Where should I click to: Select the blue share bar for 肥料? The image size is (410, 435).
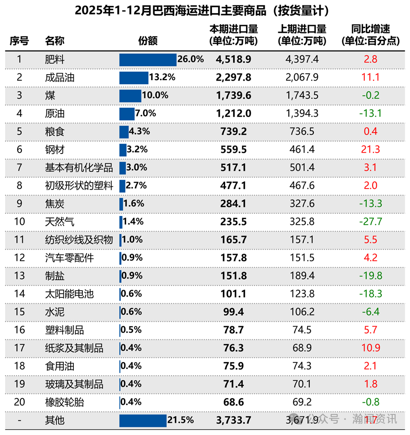click(148, 60)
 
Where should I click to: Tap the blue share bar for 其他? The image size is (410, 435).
click(143, 420)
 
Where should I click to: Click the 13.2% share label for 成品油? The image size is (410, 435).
click(162, 77)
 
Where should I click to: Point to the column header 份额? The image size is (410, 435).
click(148, 41)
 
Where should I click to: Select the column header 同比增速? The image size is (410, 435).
click(370, 35)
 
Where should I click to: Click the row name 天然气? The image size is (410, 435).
click(60, 222)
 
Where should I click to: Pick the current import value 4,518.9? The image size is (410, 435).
click(233, 60)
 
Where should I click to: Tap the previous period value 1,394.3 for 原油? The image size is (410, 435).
click(302, 113)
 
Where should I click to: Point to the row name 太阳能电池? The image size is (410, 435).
click(69, 294)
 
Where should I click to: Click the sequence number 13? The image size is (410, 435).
click(19, 276)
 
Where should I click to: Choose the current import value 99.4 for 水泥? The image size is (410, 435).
click(233, 312)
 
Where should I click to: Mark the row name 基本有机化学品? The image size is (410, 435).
click(79, 168)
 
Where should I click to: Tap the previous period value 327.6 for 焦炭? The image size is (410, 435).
click(302, 204)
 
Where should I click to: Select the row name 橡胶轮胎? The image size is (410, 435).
click(64, 402)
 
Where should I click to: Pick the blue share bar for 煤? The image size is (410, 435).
click(130, 96)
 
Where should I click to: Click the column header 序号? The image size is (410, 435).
click(19, 41)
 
